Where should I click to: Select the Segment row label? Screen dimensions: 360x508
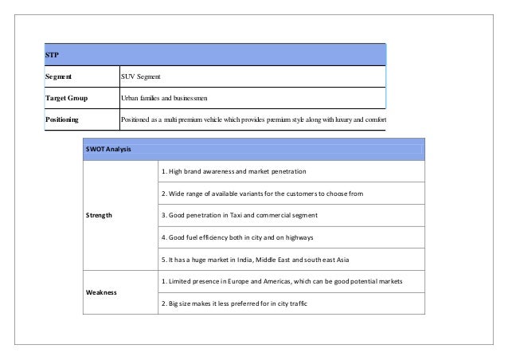coord(58,77)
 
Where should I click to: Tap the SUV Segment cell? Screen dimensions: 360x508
coord(140,77)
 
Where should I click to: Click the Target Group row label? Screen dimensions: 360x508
coord(65,99)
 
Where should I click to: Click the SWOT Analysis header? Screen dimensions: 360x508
coord(109,150)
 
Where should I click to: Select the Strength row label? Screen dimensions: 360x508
coord(100,215)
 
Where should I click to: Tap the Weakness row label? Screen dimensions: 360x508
coord(101,292)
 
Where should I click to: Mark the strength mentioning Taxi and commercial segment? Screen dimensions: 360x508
coord(240,215)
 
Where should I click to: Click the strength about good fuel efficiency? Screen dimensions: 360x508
coord(236,237)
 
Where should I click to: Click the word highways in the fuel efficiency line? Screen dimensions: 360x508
coord(296,237)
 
